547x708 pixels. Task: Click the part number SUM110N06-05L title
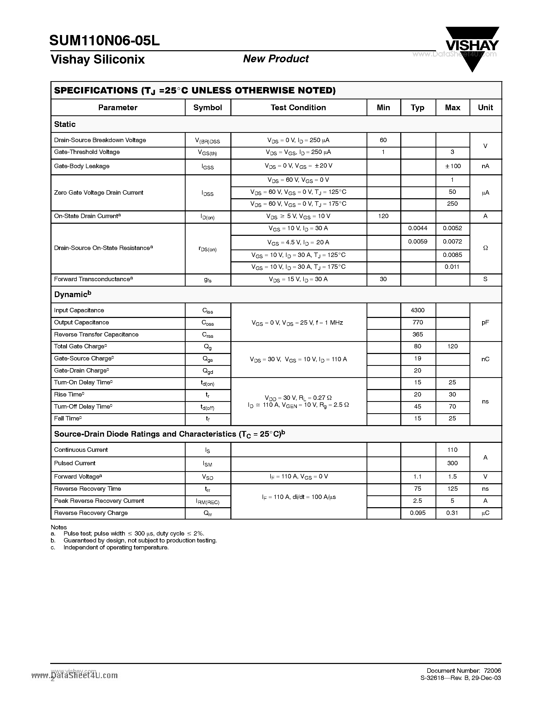pos(105,41)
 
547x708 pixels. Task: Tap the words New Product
pos(276,59)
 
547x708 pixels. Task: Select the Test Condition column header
pos(298,108)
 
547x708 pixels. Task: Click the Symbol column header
pos(207,108)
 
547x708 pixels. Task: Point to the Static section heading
pos(65,124)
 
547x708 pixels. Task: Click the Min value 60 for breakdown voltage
pos(383,140)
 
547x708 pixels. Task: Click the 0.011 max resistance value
pos(452,267)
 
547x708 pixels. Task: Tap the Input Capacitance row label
pos(79,310)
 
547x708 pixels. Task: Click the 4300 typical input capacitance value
pos(417,310)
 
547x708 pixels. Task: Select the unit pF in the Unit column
pos(485,323)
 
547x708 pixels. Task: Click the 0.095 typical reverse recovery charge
pos(417,513)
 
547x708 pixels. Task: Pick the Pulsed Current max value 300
pos(452,463)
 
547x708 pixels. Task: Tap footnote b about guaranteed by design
pos(140,540)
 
